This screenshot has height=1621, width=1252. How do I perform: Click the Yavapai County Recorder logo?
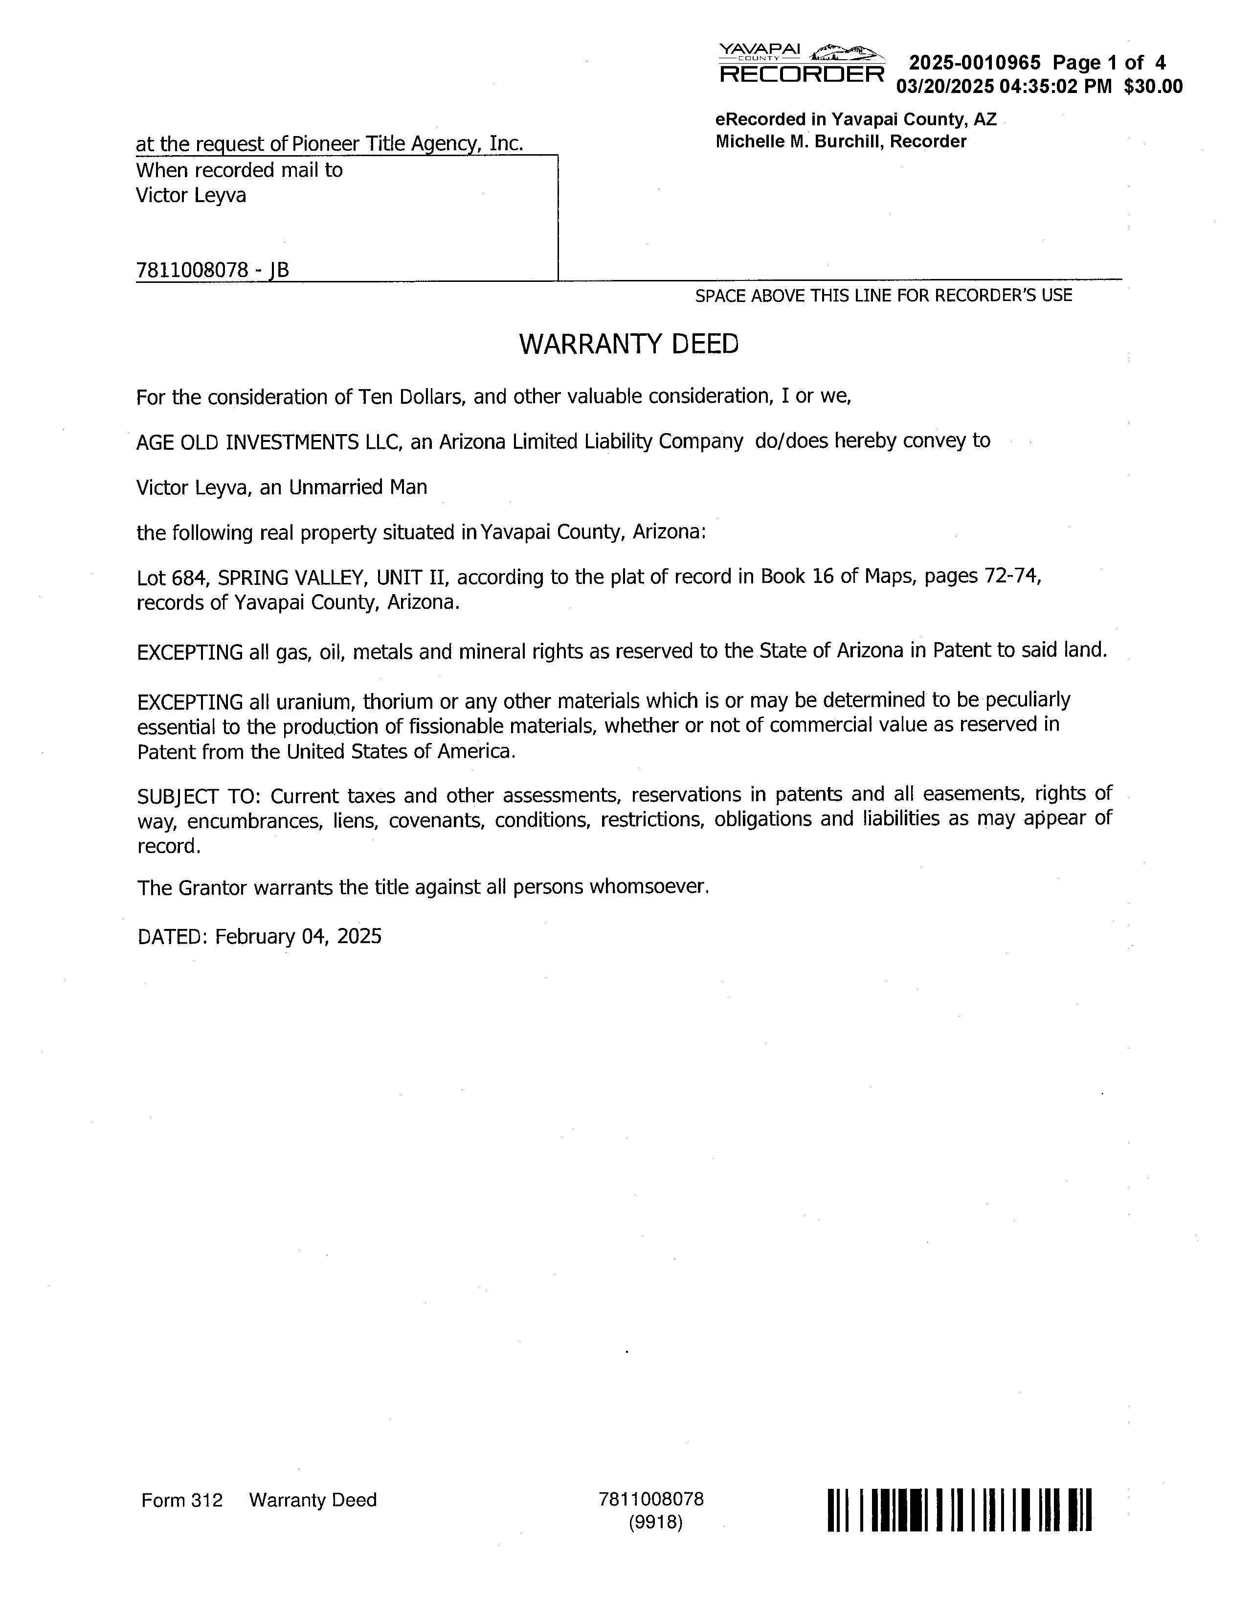pos(801,63)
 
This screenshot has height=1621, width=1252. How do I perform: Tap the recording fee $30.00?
pos(1153,87)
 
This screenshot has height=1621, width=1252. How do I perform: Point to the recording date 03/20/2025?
pos(944,87)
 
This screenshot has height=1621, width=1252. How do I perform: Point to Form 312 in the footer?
pos(182,1500)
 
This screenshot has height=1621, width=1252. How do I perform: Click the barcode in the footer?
pos(959,1510)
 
